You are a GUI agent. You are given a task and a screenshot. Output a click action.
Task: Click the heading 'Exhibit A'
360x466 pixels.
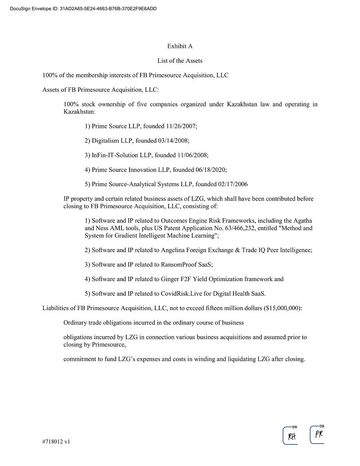click(180, 46)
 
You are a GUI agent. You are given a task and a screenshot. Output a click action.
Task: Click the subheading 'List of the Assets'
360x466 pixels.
click(180, 61)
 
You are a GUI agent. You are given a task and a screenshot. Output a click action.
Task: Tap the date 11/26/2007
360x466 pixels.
click(181, 126)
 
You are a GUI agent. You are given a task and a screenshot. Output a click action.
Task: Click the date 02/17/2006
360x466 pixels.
click(233, 185)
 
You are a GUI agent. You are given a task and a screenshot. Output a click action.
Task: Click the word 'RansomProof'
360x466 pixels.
click(178, 265)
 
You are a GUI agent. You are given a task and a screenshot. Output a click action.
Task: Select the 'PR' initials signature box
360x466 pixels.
click(318, 435)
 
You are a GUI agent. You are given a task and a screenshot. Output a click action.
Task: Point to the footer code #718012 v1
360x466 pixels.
click(56, 441)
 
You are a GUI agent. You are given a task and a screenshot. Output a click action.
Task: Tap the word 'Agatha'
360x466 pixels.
click(302, 221)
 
